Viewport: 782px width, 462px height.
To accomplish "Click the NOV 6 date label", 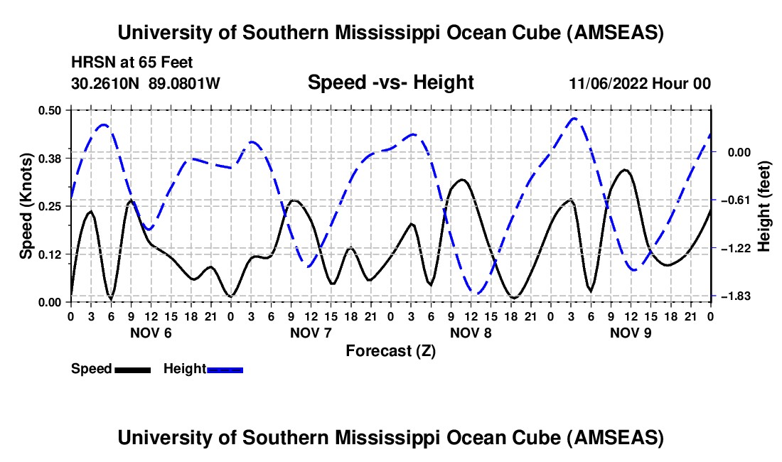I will tap(151, 333).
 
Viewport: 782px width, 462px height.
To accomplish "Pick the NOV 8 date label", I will tap(471, 333).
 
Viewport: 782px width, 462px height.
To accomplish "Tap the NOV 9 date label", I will tap(631, 333).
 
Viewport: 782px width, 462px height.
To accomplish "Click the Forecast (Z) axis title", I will tap(390, 350).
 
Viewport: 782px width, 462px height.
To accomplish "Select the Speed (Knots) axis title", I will tap(26, 205).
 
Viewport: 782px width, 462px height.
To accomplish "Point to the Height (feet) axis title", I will tap(764, 205).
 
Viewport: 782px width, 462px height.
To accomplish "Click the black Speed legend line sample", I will tap(132, 369).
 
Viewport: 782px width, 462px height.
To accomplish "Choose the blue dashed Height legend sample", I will tap(225, 369).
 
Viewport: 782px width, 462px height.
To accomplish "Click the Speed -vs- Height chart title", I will tap(390, 83).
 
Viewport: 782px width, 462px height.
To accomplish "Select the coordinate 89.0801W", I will tap(184, 84).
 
